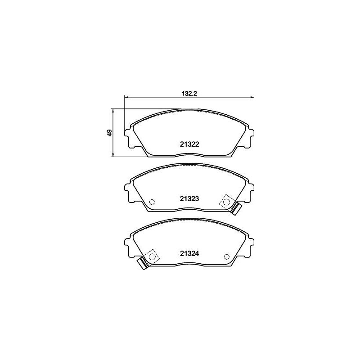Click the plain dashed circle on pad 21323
tap(152, 202)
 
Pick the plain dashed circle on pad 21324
tap(226, 257)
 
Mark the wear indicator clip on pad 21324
tap(142, 264)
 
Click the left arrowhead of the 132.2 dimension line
tap(126, 97)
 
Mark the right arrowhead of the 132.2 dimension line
tap(252, 97)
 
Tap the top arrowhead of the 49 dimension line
tap(113, 110)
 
